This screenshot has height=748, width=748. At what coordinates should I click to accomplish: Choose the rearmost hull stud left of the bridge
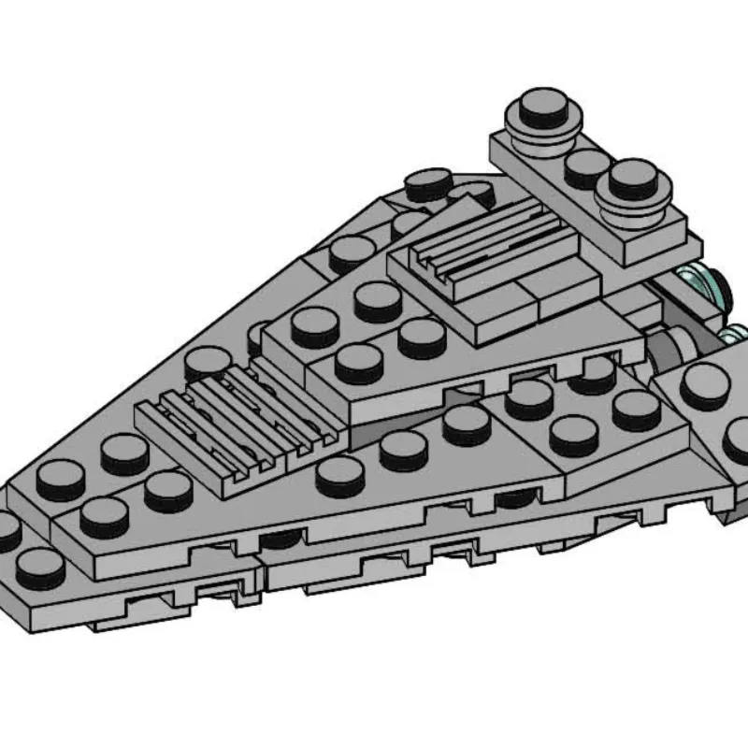click(430, 182)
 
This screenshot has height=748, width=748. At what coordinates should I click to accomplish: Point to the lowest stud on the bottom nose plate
click(39, 566)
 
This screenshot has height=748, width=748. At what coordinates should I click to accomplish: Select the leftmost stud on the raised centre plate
click(314, 325)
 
